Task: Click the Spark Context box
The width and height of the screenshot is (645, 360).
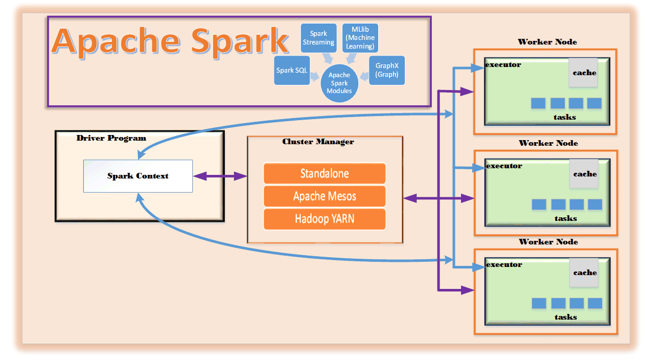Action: point(138,176)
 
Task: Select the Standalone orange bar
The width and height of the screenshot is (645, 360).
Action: point(325,173)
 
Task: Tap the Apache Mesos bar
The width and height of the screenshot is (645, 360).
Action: point(325,196)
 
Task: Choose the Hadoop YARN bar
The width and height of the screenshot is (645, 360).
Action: point(325,219)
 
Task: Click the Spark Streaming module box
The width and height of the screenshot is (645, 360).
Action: point(318,38)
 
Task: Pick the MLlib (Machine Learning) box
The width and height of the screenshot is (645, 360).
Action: point(360,38)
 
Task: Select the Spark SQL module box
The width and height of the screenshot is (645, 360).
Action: point(292,70)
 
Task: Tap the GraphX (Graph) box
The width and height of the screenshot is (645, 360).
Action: point(387,70)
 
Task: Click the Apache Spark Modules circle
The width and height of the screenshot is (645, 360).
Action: point(339,83)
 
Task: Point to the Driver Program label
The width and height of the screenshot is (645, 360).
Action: point(111,138)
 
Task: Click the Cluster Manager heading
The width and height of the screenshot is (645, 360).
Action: point(318,142)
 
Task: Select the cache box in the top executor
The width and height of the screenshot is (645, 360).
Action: point(583,73)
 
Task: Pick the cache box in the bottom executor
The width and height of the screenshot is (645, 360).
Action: point(584,273)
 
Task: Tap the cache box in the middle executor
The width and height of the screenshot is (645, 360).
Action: point(584,174)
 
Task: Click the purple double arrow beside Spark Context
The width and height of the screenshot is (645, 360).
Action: point(220,176)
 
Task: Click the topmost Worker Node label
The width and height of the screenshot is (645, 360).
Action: point(547,42)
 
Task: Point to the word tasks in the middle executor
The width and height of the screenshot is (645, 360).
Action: point(566,218)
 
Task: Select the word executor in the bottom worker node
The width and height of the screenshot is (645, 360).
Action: point(504,265)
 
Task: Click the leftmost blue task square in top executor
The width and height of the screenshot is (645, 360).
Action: point(538,103)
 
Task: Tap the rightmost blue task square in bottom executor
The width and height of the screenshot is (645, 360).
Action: point(595,303)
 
